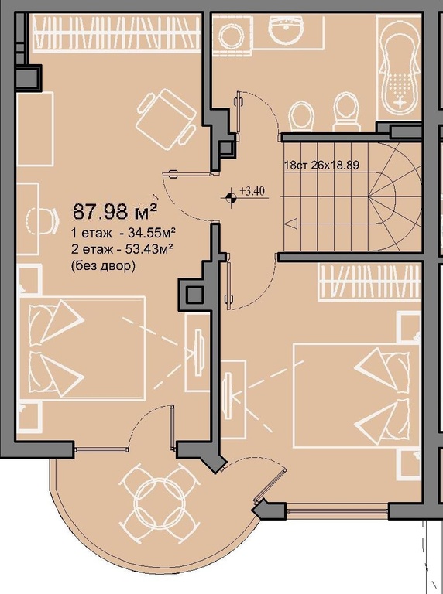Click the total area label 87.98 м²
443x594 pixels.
coord(115,211)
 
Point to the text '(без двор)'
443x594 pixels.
coord(103,266)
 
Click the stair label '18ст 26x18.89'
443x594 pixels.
coord(321,165)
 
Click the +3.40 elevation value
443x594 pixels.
coord(252,191)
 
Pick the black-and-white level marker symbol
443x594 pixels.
coord(230,197)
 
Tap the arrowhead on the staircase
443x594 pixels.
coord(291,224)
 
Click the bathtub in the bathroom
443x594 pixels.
coord(399,68)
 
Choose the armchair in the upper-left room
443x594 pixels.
coord(166,118)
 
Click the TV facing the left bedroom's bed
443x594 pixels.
coord(198,352)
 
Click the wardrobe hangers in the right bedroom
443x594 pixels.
coord(369,282)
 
